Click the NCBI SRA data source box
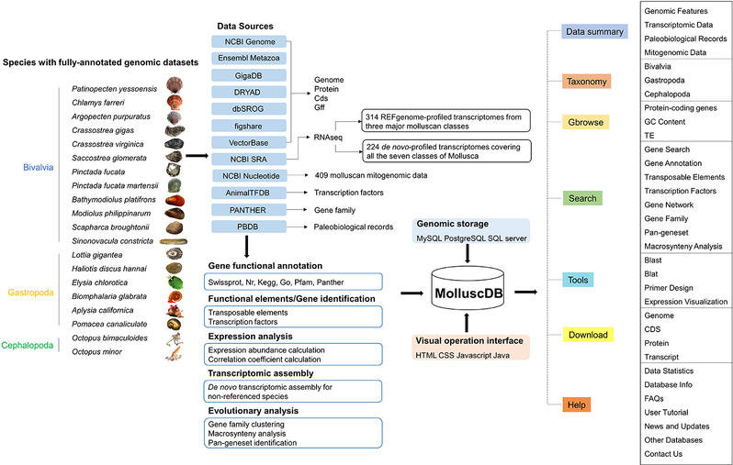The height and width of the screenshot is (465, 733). coord(249,160)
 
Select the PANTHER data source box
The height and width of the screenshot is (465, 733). coord(249,210)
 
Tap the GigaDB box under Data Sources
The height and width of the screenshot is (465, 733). coord(249,75)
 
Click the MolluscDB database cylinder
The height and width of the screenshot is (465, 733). coord(468,289)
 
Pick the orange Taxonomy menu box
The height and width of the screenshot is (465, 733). coord(586,82)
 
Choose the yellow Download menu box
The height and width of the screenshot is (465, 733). coord(588,335)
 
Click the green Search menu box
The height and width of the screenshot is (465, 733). coord(582,198)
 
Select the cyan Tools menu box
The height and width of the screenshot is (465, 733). coord(578,280)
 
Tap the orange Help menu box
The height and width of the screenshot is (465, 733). coord(577,404)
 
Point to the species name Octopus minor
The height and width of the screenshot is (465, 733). coord(96,352)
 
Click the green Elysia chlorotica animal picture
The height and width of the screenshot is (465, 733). coord(175,282)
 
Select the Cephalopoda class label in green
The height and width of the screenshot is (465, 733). coord(28,346)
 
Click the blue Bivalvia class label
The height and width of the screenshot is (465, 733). coord(39,167)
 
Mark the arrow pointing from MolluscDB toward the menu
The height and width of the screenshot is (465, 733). coord(526,293)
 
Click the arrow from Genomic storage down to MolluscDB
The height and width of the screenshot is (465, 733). coord(467,253)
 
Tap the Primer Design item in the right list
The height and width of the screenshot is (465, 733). coord(669,288)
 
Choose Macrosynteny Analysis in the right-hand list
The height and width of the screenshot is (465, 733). coord(683,247)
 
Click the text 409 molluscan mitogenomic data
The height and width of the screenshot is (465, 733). coord(371,175)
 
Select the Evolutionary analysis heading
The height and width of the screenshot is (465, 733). coord(254,411)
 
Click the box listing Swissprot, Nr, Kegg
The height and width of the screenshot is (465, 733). coord(293,282)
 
